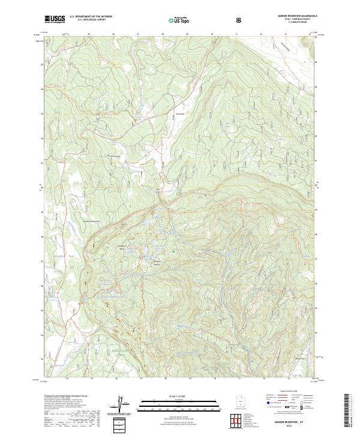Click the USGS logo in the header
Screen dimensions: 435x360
(x=55, y=19)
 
